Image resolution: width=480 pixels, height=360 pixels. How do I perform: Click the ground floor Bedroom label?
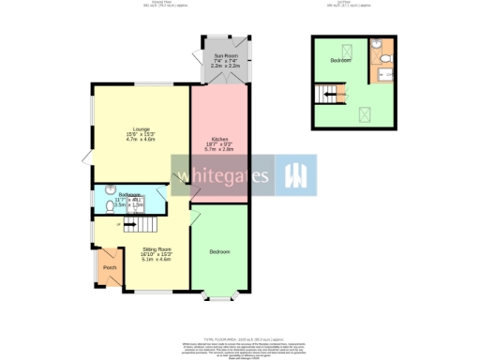coord(219,252)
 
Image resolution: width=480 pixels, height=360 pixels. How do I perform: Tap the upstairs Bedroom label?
coord(340,61)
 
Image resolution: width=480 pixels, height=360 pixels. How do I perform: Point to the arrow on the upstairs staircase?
coord(331,92)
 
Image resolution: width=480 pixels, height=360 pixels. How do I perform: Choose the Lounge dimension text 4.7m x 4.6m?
coord(142,138)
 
